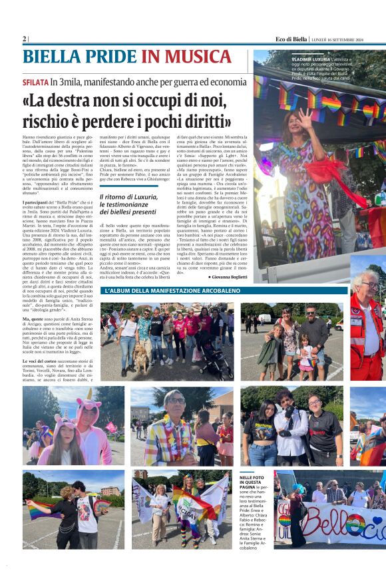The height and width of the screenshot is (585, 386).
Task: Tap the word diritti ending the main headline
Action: coord(212,121)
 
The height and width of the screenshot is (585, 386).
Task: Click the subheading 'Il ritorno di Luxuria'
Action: coord(128,198)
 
